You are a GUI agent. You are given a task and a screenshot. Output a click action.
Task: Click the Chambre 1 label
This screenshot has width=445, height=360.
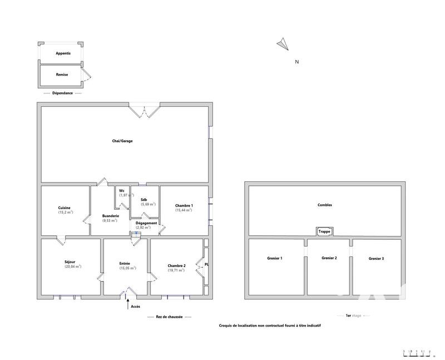pos(184,206)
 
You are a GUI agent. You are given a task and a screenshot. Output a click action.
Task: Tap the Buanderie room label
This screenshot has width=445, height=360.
pos(110,216)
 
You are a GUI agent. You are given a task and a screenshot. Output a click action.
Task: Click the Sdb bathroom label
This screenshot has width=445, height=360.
pos(144,199)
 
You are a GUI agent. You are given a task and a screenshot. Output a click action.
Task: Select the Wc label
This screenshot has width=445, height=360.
pos(121,191)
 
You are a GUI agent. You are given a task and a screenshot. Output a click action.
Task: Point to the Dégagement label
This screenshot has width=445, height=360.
pos(146,223)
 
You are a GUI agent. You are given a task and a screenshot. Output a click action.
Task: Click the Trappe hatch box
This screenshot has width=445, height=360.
pos(324,231)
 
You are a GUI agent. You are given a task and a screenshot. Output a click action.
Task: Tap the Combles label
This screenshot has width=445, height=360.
pos(324,205)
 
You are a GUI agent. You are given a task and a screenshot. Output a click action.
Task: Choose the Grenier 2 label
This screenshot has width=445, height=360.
pos(329,258)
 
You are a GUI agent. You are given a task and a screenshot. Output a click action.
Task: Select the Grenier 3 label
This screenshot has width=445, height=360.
pos(376,258)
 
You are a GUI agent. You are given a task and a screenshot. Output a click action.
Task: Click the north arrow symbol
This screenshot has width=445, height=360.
pos(283,43)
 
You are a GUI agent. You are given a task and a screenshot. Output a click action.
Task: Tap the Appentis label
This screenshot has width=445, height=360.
pos(63,53)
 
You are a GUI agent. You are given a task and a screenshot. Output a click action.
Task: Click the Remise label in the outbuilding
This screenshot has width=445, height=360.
pos(62,74)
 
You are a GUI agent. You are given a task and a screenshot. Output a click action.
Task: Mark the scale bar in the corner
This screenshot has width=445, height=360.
pos(417,352)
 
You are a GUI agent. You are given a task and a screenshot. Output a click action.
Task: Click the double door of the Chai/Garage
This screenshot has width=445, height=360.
pos(145,110)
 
